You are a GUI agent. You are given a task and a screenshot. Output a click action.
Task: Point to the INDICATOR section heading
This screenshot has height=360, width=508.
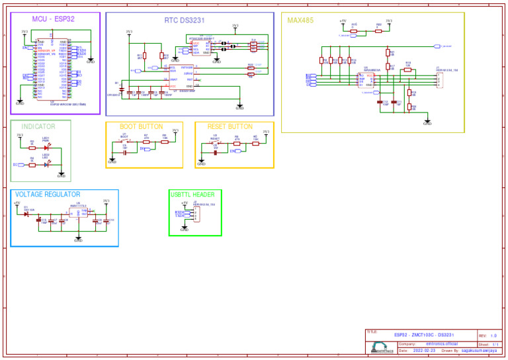38,126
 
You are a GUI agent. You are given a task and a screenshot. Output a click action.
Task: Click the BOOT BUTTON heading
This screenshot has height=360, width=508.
141,126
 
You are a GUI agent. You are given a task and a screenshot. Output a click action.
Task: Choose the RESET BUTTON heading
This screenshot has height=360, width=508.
230,126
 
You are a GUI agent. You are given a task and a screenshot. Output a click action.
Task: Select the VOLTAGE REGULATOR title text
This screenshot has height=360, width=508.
48,195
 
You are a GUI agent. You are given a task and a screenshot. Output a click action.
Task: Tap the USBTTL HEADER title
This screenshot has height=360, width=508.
192,195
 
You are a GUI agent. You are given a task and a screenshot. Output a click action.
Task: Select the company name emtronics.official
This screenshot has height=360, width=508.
441,344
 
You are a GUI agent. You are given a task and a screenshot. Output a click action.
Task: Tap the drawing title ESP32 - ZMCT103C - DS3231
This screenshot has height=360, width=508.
423,336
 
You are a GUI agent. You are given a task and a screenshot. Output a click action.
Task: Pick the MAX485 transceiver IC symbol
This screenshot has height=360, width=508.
366,80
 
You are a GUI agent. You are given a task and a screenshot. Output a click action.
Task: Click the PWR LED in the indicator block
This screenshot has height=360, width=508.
46,147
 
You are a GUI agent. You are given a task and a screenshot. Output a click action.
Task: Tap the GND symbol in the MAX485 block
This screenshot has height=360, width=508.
427,123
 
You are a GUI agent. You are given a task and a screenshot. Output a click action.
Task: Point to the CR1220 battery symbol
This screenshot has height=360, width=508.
119,90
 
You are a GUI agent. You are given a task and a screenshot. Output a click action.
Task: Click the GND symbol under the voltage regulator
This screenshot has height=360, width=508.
78,240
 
